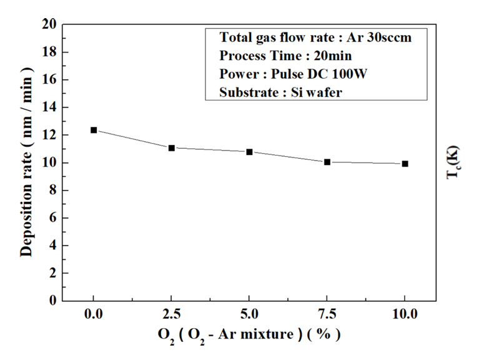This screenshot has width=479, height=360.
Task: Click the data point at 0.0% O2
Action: [94, 130]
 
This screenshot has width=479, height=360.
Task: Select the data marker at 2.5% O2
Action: [172, 148]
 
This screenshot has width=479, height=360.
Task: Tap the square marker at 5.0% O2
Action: [249, 152]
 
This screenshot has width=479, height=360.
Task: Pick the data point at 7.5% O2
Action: [327, 162]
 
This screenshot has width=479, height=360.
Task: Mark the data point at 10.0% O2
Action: [405, 164]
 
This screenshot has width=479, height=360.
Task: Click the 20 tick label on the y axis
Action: [49, 24]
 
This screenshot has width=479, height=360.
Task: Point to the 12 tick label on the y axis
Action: [49, 135]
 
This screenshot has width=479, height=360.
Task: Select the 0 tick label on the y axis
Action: [52, 301]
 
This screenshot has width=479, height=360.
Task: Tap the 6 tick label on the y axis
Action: [52, 218]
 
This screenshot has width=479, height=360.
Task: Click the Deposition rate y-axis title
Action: [26, 162]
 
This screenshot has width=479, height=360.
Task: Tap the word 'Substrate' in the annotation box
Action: [245, 92]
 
